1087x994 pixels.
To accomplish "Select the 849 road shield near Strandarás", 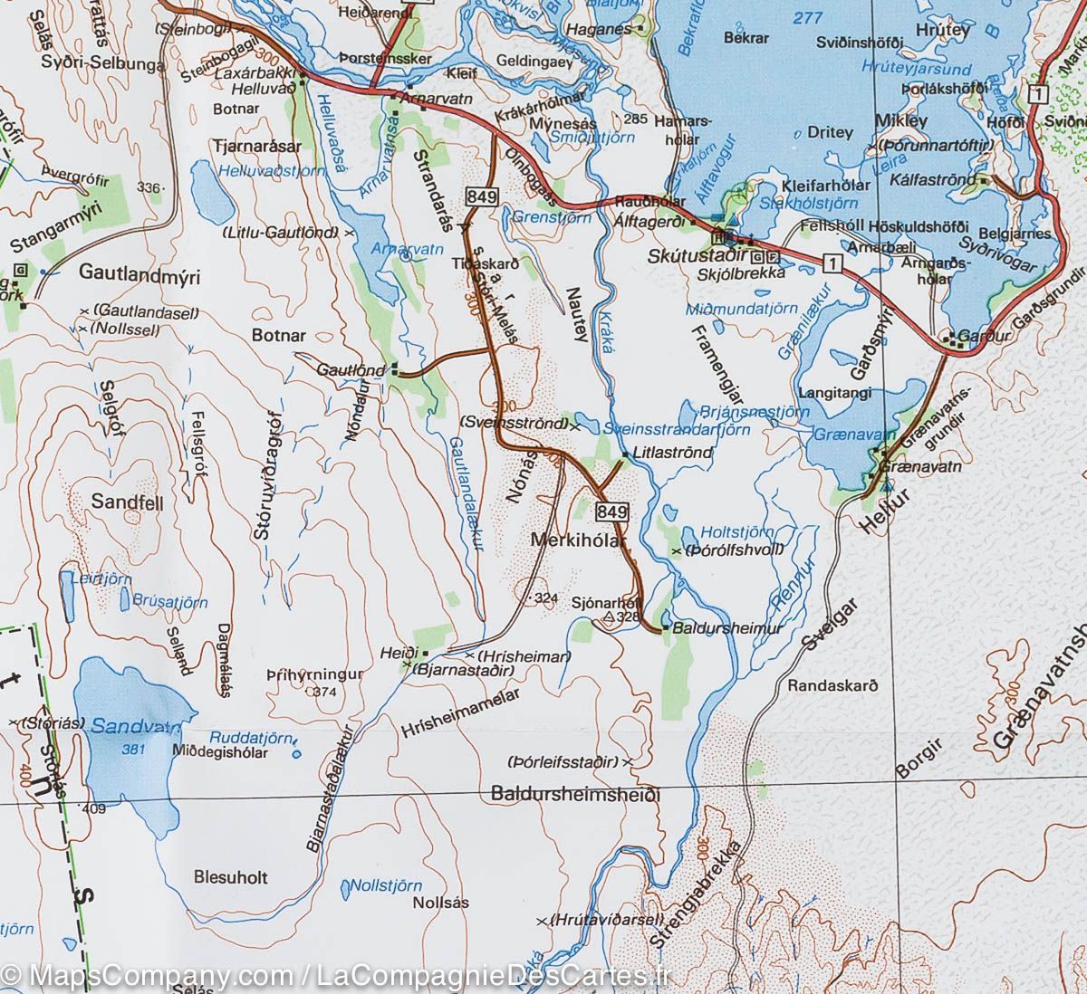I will (480, 196).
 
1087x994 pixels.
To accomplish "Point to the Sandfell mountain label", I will (128, 502).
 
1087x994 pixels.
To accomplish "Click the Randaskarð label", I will (832, 685).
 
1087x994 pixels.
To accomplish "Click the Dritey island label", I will (830, 132).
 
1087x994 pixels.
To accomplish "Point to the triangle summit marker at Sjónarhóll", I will (609, 617).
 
